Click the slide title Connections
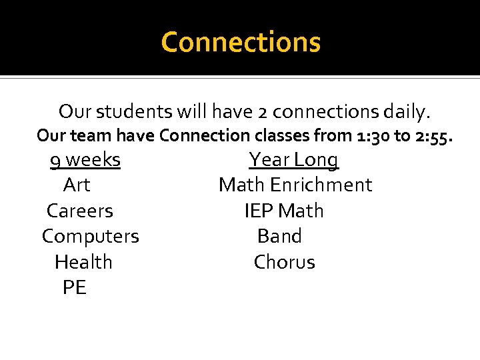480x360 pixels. (241, 42)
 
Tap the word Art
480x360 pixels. (77, 185)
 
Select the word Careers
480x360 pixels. (80, 211)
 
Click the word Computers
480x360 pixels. (91, 237)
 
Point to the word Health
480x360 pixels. (83, 262)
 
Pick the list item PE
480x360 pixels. (74, 288)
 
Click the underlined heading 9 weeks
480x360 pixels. (85, 160)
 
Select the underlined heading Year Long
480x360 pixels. (293, 160)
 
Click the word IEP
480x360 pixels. (259, 211)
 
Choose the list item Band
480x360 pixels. (279, 237)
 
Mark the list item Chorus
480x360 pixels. (284, 262)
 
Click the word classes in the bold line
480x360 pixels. (281, 135)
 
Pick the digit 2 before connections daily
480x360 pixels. (263, 111)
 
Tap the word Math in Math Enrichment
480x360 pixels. (241, 185)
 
